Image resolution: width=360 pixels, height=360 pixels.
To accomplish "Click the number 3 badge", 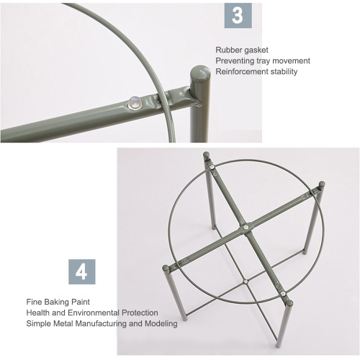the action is (x=238, y=15).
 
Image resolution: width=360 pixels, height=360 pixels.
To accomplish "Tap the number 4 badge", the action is (x=82, y=271).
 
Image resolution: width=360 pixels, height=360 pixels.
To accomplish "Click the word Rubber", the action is (x=229, y=50).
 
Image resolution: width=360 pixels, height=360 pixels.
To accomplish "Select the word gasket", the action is (x=256, y=50).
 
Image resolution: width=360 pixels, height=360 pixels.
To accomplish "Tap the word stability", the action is (x=284, y=71).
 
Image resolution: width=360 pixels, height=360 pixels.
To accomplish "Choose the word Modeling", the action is (x=161, y=323).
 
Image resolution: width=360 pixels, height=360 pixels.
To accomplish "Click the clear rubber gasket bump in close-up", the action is (x=135, y=103).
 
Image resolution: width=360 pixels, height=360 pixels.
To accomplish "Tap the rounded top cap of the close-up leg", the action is (x=200, y=71).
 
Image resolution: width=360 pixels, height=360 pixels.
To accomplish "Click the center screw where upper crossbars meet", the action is (x=245, y=227).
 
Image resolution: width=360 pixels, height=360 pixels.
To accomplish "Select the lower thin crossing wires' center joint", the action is (x=246, y=282).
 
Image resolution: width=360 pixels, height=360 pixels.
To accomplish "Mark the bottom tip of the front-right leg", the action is (x=279, y=346).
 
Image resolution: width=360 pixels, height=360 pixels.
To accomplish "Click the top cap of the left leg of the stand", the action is (x=166, y=268).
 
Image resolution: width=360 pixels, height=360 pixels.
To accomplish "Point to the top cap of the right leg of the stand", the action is (x=322, y=184).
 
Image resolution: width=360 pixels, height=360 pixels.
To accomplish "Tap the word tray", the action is (x=264, y=61).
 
